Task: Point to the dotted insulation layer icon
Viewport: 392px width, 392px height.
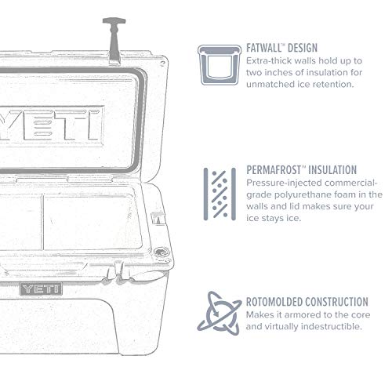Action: pyautogui.click(x=219, y=192)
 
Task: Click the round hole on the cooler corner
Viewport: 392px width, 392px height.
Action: pyautogui.click(x=162, y=253)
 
